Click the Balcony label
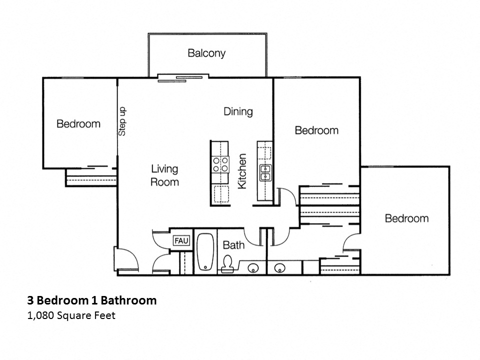point(206,53)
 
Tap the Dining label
point(238,111)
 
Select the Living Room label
point(164,175)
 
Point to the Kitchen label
point(242,171)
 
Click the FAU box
point(180,241)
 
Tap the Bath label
point(233,245)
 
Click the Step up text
point(122,121)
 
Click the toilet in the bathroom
point(228,264)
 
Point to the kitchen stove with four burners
point(219,164)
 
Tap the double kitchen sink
point(264,172)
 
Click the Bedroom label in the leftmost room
point(78,124)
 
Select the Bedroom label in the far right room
point(406,218)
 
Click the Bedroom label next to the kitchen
point(316,130)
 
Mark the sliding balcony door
point(180,77)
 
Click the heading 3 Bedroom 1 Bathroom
point(91,300)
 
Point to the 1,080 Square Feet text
point(71,315)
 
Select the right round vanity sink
point(280,268)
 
